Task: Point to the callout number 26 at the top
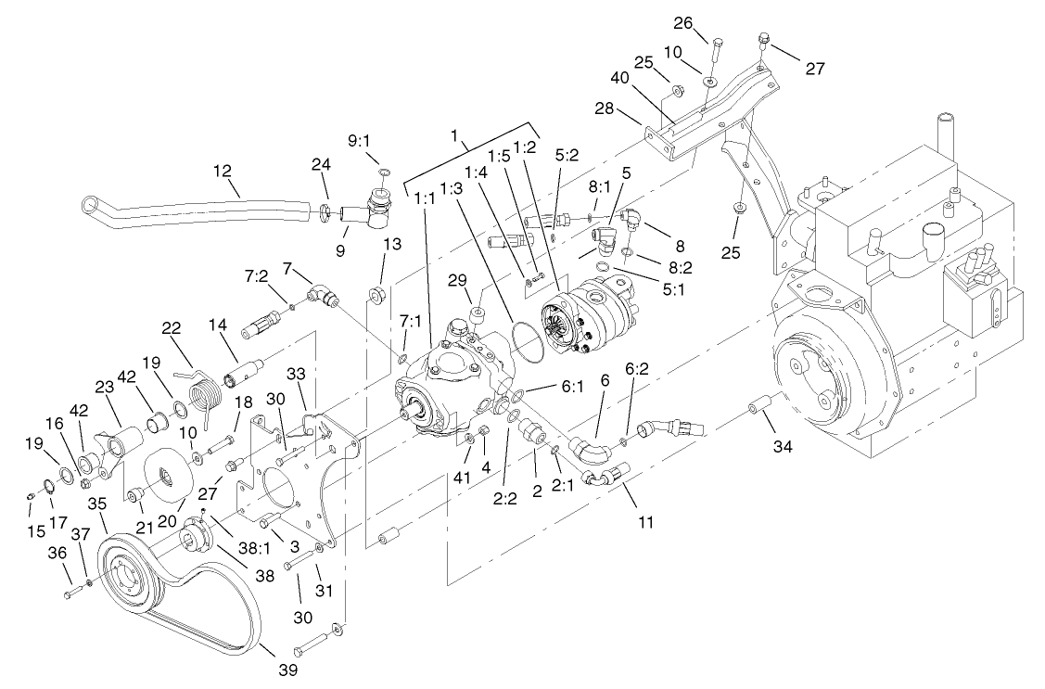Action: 708,22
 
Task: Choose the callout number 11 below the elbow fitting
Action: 645,522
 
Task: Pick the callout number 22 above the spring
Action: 170,329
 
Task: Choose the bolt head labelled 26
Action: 717,42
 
